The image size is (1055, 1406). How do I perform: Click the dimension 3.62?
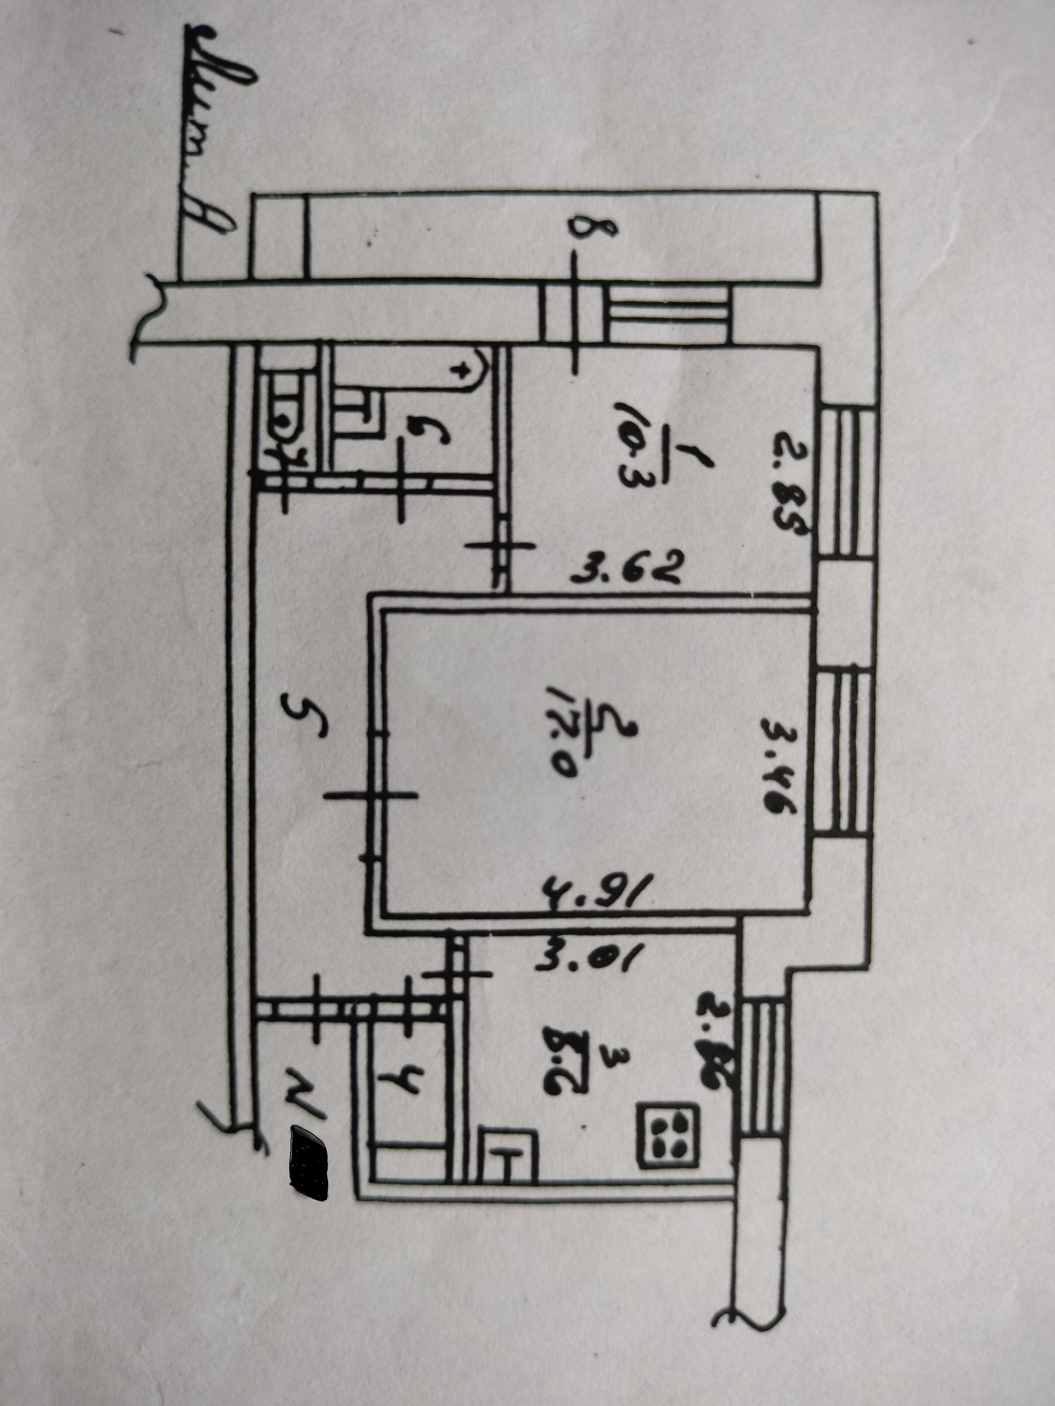(627, 569)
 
